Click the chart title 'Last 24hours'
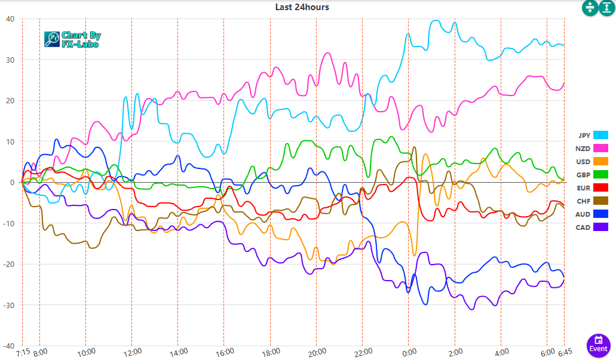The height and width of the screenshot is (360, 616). (x=302, y=7)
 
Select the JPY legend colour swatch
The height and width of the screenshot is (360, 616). (x=600, y=136)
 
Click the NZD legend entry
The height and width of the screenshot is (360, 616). (x=592, y=149)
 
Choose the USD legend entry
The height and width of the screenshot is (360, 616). (x=592, y=162)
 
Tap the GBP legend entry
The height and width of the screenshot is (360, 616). (x=592, y=175)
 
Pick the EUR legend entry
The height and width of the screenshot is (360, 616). (x=592, y=188)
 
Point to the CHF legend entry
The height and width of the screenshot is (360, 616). (x=592, y=201)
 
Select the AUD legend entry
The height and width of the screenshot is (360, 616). (x=592, y=214)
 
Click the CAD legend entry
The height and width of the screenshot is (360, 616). (x=592, y=227)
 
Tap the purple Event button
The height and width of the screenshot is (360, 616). (x=598, y=344)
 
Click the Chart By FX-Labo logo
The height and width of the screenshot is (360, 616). (x=72, y=39)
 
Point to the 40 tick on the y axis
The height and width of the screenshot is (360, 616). (x=10, y=19)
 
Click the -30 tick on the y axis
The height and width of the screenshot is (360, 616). (x=10, y=305)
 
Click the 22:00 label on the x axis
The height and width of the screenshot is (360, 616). (x=362, y=352)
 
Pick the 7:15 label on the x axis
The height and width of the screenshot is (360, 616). (x=23, y=352)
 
